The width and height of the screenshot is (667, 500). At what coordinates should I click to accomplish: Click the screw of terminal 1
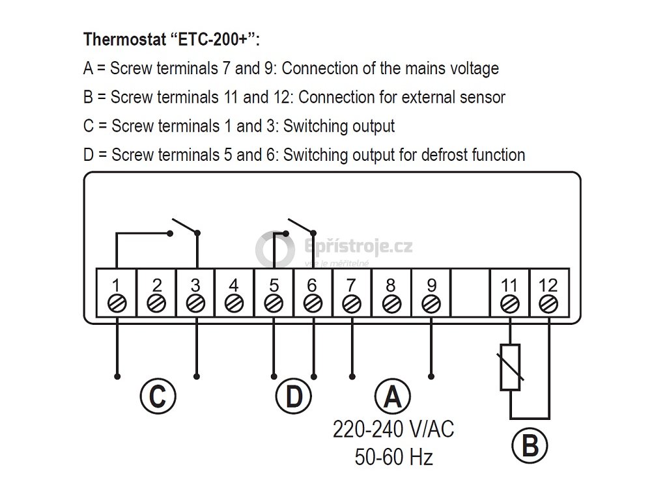point(117,303)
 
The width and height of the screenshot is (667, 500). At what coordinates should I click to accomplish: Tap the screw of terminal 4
point(234,303)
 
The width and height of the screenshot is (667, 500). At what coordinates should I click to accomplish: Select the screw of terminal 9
point(431,303)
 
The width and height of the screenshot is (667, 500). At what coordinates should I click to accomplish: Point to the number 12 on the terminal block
point(548,286)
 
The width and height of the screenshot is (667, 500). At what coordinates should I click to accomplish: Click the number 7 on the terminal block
point(352,286)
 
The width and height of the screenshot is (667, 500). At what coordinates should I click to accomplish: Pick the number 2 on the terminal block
point(156,286)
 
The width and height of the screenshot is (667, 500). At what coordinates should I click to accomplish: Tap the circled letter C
point(158,396)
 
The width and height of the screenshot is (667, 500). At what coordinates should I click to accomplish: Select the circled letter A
point(392,396)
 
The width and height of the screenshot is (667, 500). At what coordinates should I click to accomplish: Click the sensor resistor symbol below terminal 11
point(510,367)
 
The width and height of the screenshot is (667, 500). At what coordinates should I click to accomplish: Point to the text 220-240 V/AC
point(393,430)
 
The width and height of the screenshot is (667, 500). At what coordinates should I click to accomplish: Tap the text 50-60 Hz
point(393,457)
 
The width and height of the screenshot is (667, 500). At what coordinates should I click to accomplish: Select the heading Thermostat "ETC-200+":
point(172,39)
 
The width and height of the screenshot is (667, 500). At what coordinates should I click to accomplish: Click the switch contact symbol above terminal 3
point(184,229)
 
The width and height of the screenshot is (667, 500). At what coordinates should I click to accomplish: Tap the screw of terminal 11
point(509,303)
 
